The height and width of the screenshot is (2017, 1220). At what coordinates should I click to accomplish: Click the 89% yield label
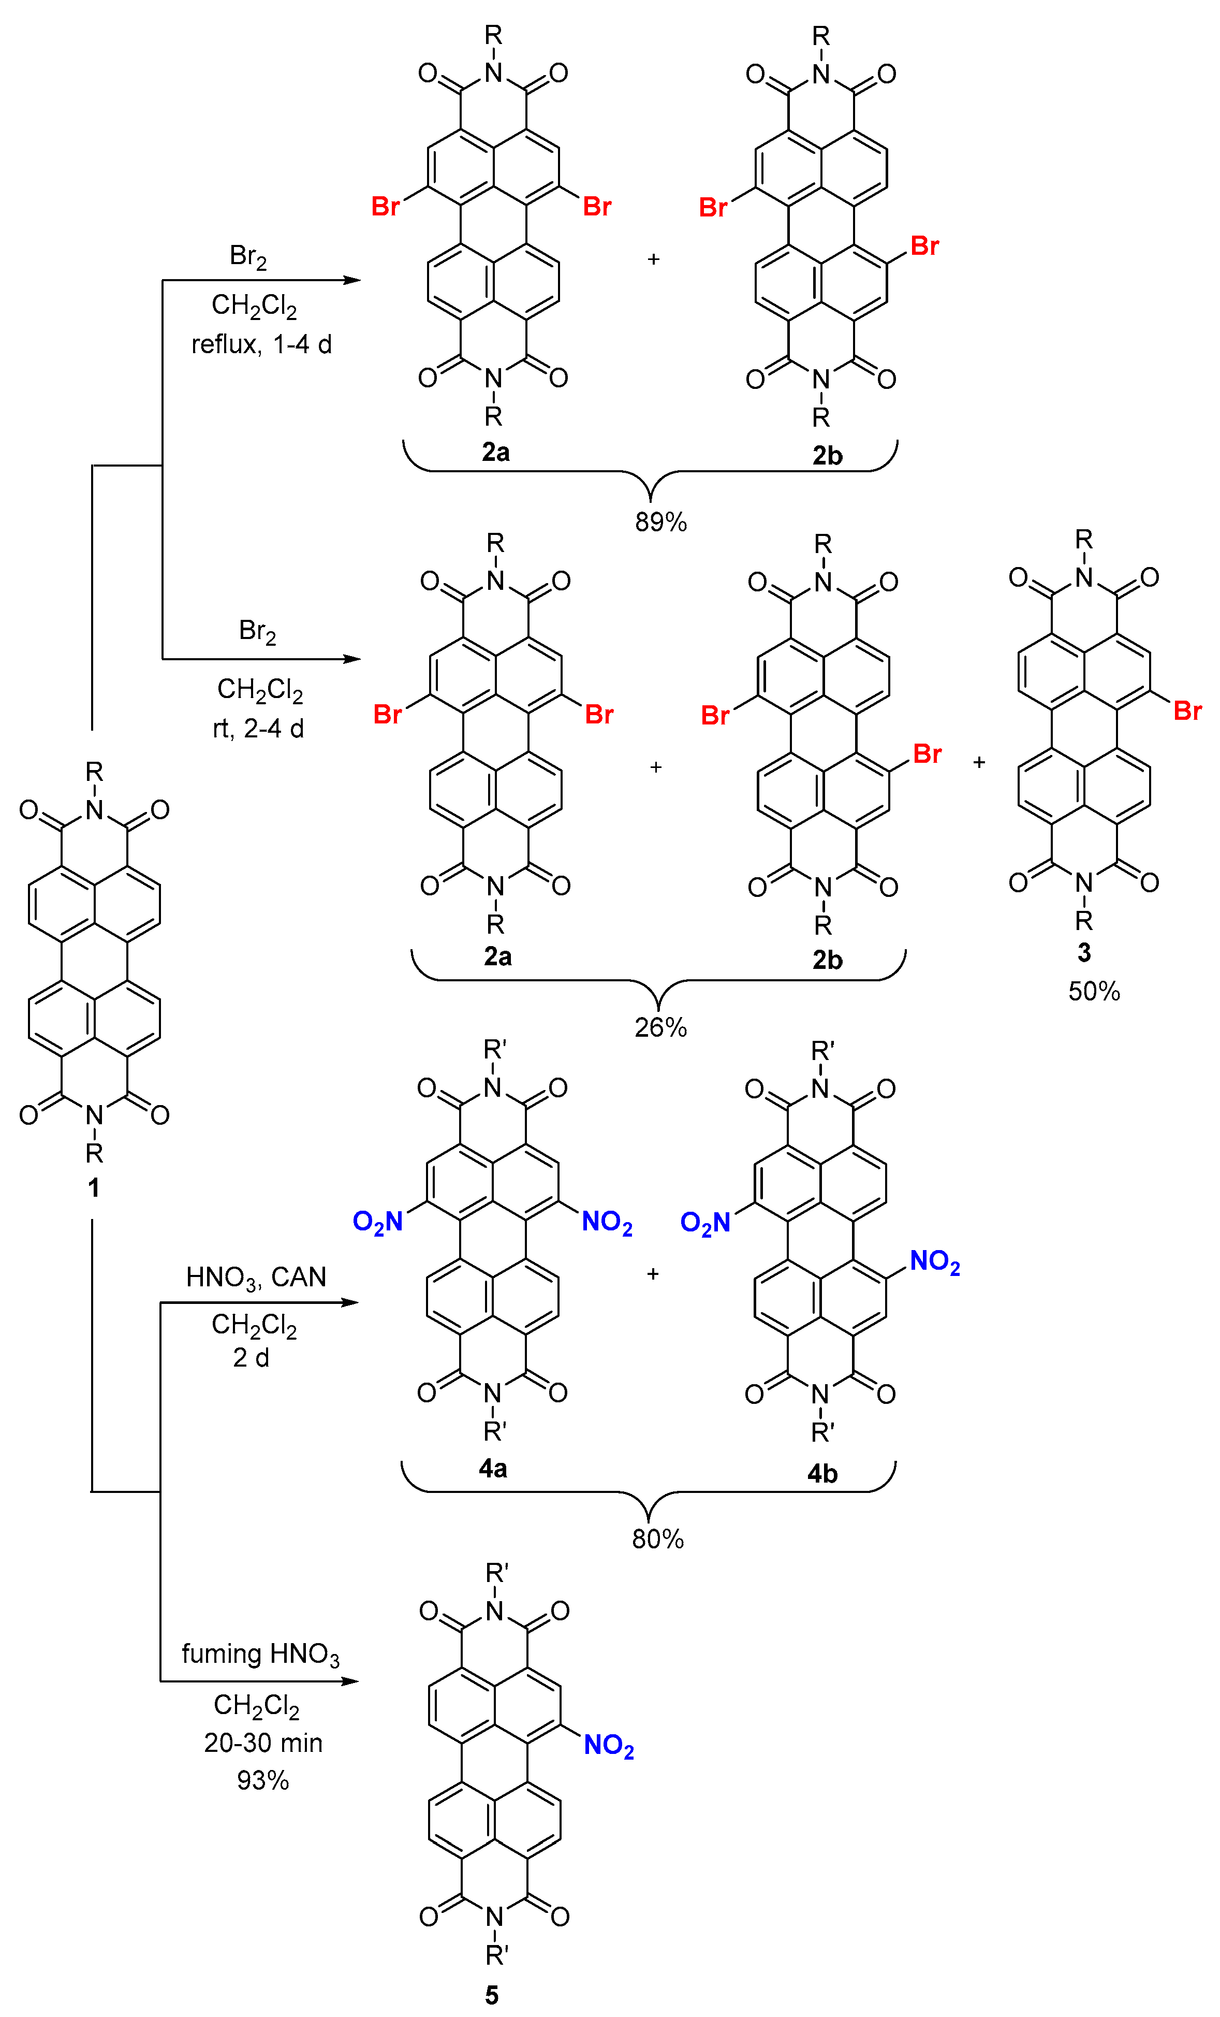click(660, 521)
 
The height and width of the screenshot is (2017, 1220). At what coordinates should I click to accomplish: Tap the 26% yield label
click(660, 1027)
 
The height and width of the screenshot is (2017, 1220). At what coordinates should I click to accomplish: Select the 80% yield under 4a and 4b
click(657, 1539)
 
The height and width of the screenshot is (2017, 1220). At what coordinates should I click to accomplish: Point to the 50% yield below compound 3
click(1093, 991)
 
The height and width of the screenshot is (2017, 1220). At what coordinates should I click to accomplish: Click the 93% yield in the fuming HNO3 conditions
click(262, 1780)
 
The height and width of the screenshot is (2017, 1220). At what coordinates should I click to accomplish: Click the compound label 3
click(1083, 952)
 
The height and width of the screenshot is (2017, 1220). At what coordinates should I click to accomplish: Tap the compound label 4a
click(493, 1468)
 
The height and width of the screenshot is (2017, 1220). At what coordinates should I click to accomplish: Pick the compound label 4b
click(822, 1473)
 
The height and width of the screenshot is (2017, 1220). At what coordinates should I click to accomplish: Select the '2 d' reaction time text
click(251, 1357)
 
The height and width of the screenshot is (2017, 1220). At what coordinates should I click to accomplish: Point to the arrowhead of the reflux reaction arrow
click(352, 280)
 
